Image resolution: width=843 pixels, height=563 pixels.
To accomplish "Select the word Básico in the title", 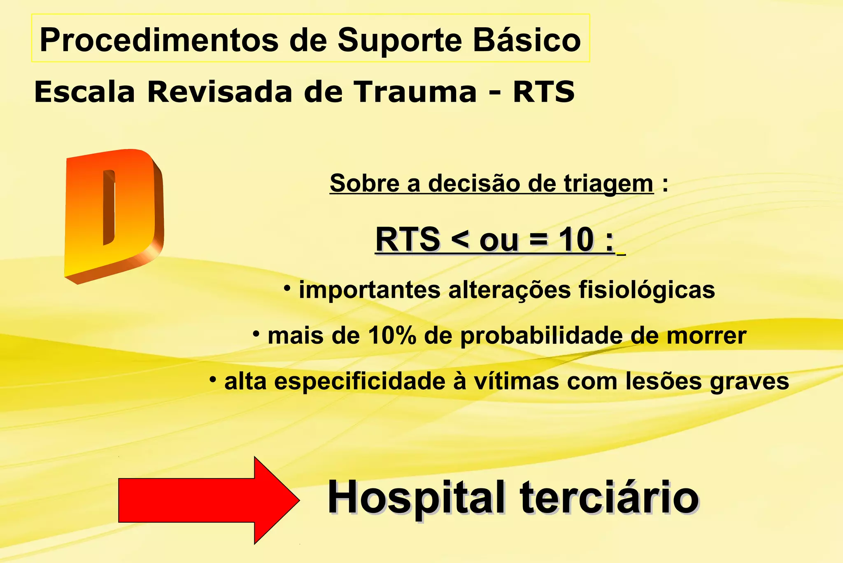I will (x=527, y=40).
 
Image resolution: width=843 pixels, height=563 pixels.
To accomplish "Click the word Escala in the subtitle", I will (x=84, y=92).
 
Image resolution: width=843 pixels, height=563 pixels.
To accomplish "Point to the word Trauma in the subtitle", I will (x=416, y=92).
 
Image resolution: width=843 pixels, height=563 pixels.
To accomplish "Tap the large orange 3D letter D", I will (x=113, y=214).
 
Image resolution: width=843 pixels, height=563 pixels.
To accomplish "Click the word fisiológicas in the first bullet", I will (x=647, y=290).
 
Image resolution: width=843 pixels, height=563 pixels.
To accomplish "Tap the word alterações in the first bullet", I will (x=509, y=290).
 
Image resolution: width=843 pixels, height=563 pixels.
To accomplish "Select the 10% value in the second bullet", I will (x=392, y=336).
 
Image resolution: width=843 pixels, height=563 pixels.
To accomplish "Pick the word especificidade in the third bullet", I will (x=359, y=382).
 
